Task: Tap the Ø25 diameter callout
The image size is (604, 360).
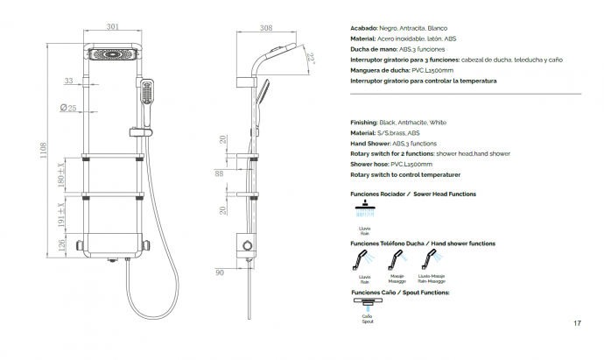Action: [67, 108]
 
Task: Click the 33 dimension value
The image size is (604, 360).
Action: [68, 81]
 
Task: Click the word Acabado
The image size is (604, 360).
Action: [363, 28]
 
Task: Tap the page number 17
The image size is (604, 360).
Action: [578, 324]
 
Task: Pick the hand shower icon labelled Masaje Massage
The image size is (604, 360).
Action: [396, 259]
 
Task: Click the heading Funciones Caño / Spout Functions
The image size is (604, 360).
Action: [400, 292]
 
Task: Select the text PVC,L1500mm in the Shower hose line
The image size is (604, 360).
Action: [411, 163]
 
